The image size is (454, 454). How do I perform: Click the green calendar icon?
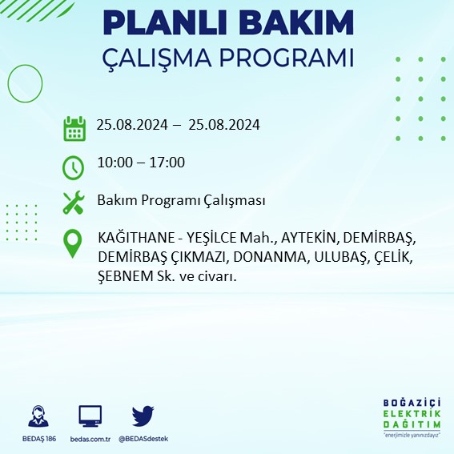(x=74, y=127)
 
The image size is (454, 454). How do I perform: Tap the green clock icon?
(x=73, y=167)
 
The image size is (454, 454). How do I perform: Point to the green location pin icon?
(x=73, y=243)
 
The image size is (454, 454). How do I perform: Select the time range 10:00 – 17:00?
(x=140, y=163)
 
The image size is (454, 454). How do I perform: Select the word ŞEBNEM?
(x=125, y=275)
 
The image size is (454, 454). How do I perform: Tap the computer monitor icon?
(x=90, y=416)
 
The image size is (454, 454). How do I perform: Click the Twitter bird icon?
(x=143, y=416)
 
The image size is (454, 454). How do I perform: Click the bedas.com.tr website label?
(x=90, y=439)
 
